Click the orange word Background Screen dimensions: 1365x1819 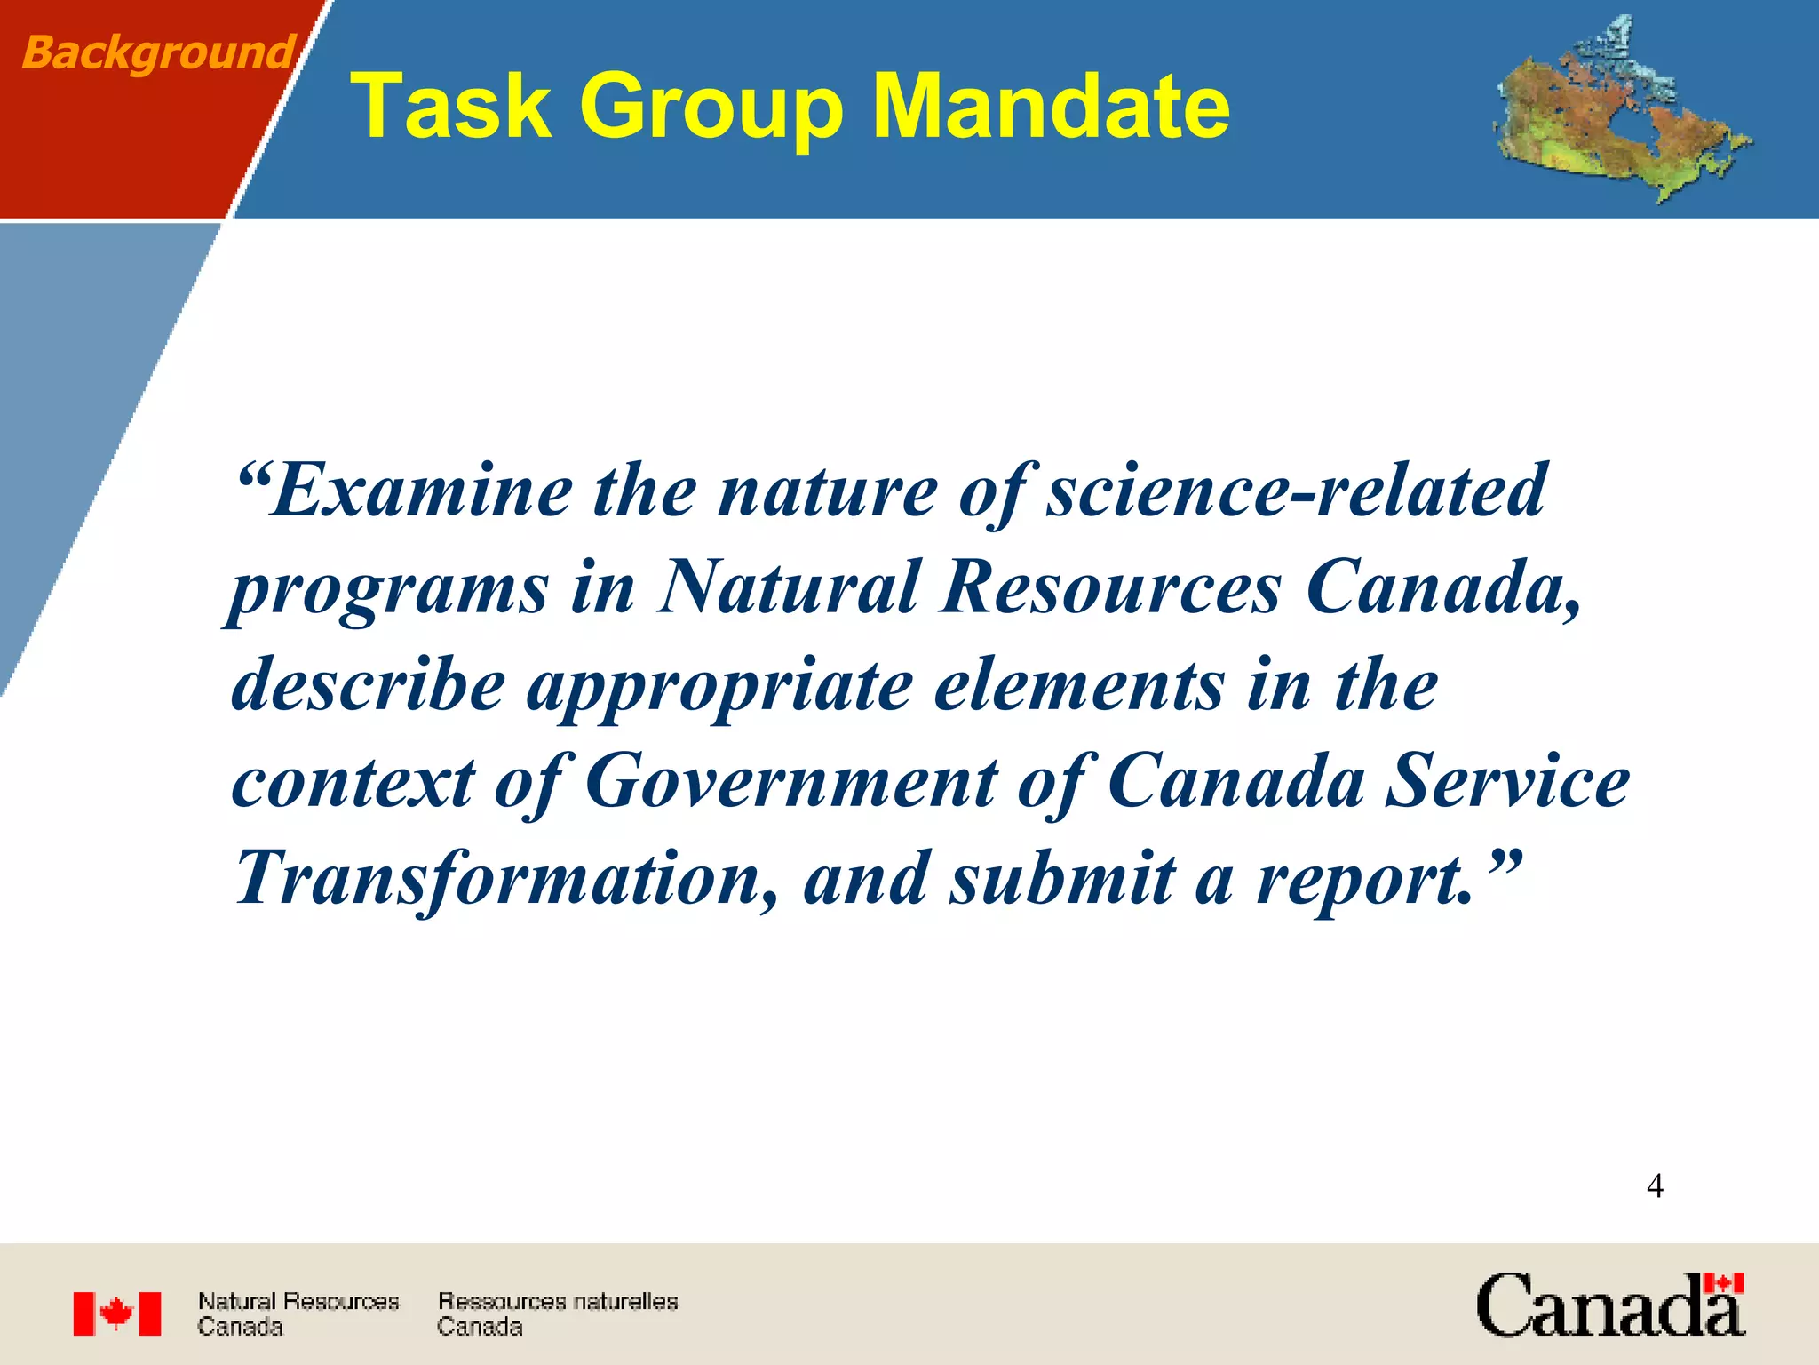coord(158,52)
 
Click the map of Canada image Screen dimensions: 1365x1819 coord(1622,111)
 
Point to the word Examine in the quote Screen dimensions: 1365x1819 coord(422,491)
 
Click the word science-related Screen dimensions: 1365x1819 coord(1296,491)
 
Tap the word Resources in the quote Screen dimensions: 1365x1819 coord(1111,588)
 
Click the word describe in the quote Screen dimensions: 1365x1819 coord(368,685)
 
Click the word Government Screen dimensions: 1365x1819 coord(791,782)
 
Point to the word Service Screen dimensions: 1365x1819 coord(1507,782)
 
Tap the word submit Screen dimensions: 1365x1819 coord(1061,879)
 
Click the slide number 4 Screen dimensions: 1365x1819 coord(1655,1186)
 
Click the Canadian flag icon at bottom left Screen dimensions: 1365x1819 coord(117,1313)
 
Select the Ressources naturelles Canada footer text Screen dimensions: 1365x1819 coord(557,1313)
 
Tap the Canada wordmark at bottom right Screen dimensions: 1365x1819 coord(1610,1305)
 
